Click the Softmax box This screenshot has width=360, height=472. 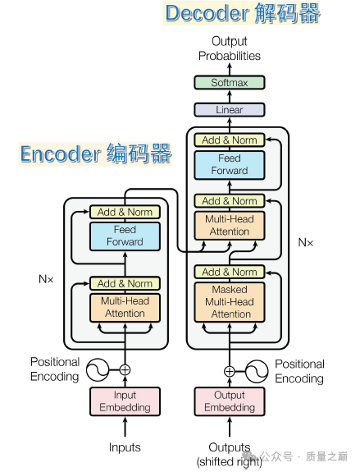point(230,82)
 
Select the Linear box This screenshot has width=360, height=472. point(230,109)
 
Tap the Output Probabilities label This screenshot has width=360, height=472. point(230,48)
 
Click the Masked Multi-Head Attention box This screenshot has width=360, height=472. point(230,301)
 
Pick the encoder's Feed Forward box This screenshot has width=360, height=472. point(125,236)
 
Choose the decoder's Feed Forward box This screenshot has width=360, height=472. point(230,164)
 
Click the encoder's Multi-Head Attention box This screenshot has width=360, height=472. point(125,307)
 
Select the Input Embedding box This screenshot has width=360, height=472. point(125,401)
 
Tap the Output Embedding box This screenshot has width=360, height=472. point(230,401)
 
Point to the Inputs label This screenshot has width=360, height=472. point(125,447)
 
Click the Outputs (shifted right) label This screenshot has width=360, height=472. point(230,454)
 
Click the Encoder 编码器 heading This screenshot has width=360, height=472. point(95,154)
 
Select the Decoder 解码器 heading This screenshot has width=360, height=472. point(243,13)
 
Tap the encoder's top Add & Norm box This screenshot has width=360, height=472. point(125,212)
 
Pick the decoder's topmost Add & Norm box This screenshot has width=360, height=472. point(230,140)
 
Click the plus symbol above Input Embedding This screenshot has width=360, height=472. point(125,370)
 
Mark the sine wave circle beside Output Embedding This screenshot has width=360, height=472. point(257,370)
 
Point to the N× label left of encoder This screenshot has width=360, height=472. point(46,279)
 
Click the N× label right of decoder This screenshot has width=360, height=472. point(305,243)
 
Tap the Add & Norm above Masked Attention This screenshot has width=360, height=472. point(230,272)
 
